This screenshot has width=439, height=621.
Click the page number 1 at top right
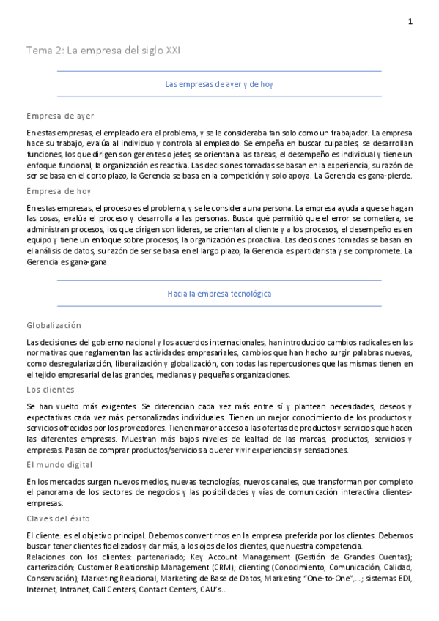pyautogui.click(x=410, y=22)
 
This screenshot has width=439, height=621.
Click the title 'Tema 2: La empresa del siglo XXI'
pyautogui.click(x=103, y=51)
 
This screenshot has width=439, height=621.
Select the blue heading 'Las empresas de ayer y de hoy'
pyautogui.click(x=219, y=84)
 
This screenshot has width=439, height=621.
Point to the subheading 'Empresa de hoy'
pyautogui.click(x=58, y=192)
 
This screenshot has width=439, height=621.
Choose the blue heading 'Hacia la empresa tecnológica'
pyautogui.click(x=219, y=294)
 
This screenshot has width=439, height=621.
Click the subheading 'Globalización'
pyautogui.click(x=54, y=325)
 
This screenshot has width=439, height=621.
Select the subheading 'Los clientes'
pyautogui.click(x=50, y=390)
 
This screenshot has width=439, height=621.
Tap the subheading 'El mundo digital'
pyautogui.click(x=59, y=464)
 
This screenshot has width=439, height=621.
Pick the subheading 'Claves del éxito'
pyautogui.click(x=58, y=518)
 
